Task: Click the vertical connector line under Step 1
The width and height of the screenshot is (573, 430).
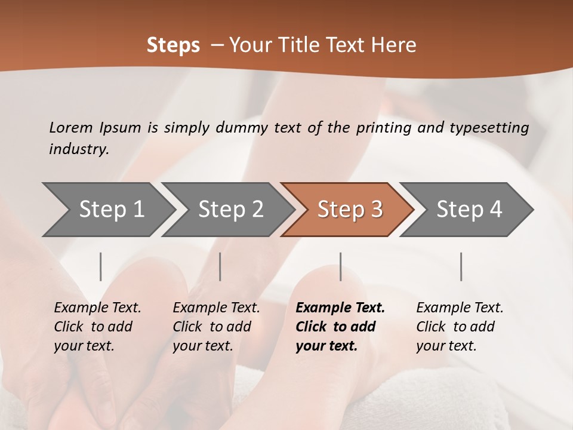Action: pos(101,266)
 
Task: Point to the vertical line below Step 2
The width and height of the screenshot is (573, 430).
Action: pos(220,266)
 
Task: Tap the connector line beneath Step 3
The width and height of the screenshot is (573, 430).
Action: pos(340,266)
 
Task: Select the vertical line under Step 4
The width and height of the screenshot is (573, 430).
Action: pos(461,266)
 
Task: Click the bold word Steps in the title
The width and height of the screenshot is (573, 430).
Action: pos(173,45)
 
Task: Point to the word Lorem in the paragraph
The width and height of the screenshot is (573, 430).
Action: pos(71,127)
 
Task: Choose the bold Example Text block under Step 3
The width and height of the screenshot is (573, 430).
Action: pos(340,327)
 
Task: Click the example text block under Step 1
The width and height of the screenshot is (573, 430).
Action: pos(97,327)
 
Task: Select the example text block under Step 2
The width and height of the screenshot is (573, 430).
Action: pos(216,327)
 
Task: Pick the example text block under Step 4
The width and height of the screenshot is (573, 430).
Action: pos(460,327)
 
